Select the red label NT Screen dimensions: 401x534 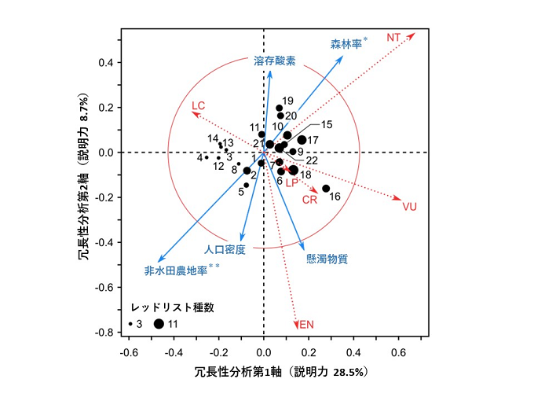[x=394, y=37]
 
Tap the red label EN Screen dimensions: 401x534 [x=306, y=324]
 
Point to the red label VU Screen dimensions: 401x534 [x=409, y=207]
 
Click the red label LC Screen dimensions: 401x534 [x=199, y=105]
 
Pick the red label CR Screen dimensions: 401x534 [x=310, y=200]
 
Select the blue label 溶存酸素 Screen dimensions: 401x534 [x=274, y=61]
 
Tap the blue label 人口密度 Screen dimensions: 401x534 [x=225, y=249]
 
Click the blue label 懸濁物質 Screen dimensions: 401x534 [x=327, y=258]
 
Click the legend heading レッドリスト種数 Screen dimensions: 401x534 [x=172, y=306]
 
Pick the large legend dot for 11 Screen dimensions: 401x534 [x=159, y=323]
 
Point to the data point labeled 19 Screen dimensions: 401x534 [x=280, y=109]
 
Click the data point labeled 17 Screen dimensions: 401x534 [x=302, y=140]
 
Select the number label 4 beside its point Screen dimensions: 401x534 [x=199, y=157]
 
